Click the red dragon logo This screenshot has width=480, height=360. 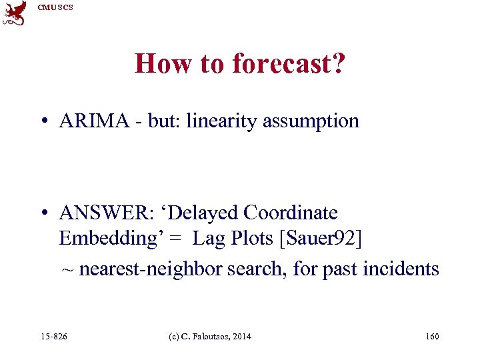tap(14, 13)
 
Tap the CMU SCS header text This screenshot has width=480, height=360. tap(55, 7)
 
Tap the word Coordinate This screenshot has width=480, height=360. tap(291, 213)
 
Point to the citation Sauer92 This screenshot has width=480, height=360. tap(324, 238)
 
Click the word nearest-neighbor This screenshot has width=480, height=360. tap(151, 269)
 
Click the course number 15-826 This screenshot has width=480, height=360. tap(54, 337)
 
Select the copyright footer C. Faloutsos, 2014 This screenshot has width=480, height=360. tap(211, 337)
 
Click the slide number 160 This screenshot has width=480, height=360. tap(432, 337)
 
